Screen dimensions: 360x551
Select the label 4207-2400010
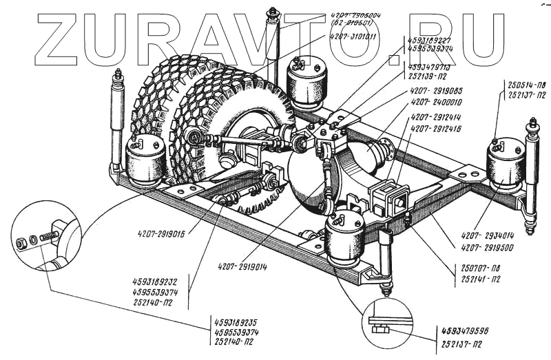(x=437, y=101)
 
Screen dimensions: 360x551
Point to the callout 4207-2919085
(x=437, y=89)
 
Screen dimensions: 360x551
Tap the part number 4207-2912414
(x=438, y=117)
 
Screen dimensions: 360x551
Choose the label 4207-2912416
(x=438, y=128)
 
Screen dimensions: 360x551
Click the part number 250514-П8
(x=522, y=83)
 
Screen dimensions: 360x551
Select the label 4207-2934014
(x=490, y=235)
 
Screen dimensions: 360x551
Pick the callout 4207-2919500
(x=490, y=246)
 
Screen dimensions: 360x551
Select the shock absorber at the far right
(x=532, y=176)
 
